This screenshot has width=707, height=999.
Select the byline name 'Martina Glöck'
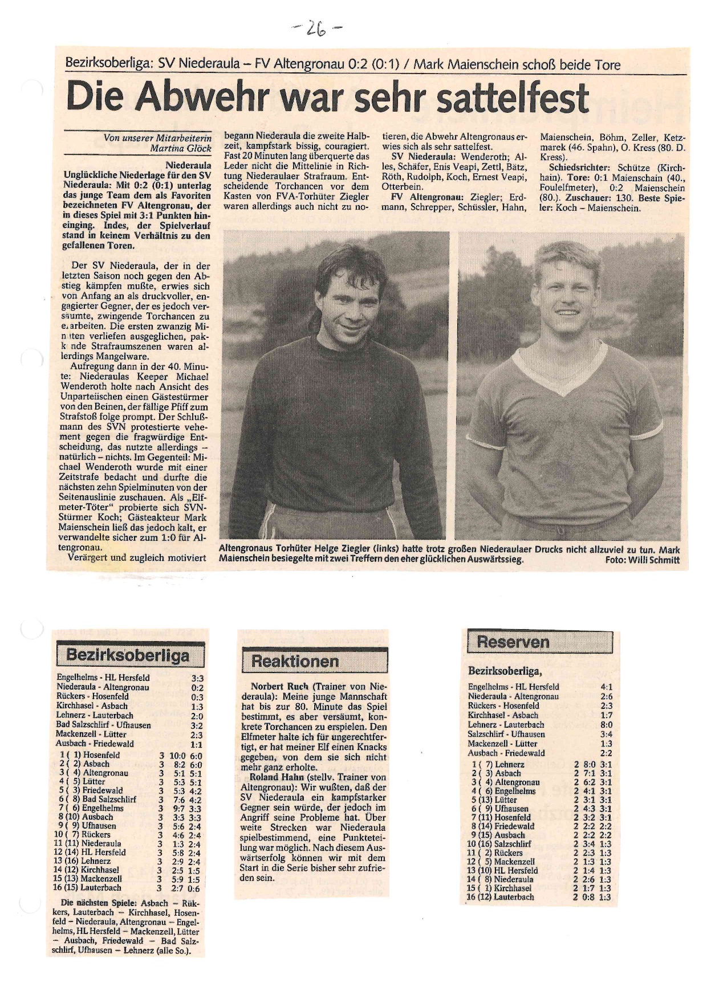pyautogui.click(x=181, y=149)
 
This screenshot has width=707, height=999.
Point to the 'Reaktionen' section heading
pyautogui.click(x=295, y=662)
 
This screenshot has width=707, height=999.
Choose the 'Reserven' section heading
pyautogui.click(x=513, y=642)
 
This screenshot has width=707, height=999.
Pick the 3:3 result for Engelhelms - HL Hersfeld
pyautogui.click(x=197, y=678)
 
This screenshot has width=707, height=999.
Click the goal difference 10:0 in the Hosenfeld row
pyautogui.click(x=177, y=756)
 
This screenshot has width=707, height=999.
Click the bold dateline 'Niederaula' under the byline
pyautogui.click(x=188, y=165)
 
